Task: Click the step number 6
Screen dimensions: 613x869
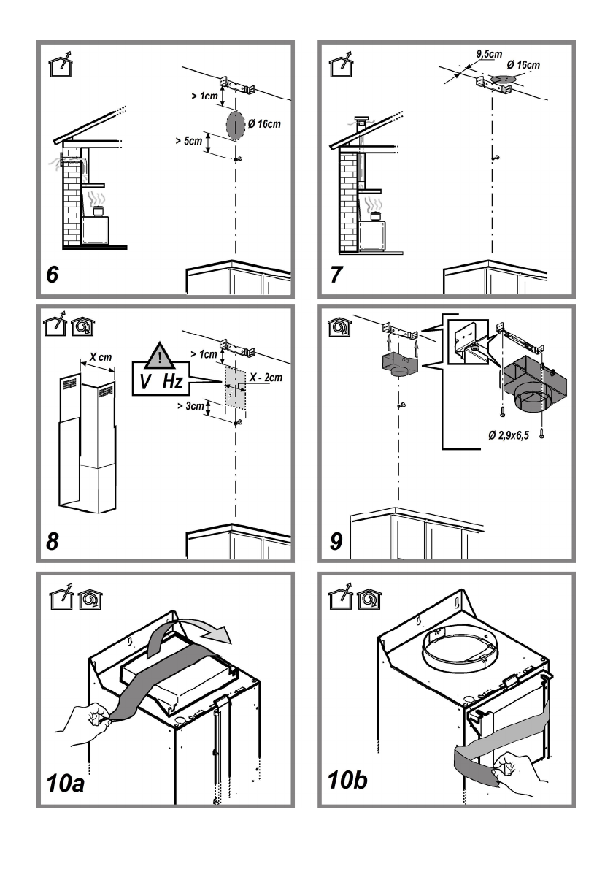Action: tap(52, 275)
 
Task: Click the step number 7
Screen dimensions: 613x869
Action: tap(336, 275)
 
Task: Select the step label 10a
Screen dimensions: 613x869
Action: tap(66, 783)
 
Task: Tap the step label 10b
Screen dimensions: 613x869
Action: tap(347, 780)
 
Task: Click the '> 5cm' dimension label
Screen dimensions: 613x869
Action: tap(189, 141)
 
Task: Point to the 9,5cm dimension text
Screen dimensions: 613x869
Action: tap(489, 54)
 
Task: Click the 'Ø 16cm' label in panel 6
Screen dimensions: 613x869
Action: tap(264, 123)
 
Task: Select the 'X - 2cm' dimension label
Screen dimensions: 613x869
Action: tap(266, 378)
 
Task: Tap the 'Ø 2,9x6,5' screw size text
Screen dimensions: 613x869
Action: tap(509, 435)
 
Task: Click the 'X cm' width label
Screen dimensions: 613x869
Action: tap(101, 357)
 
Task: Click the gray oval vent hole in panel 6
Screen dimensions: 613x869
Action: tap(235, 126)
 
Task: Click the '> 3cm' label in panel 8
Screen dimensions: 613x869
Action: tap(190, 406)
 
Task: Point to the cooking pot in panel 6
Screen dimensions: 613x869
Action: tap(98, 211)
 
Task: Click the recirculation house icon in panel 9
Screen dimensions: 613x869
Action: tap(339, 327)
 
